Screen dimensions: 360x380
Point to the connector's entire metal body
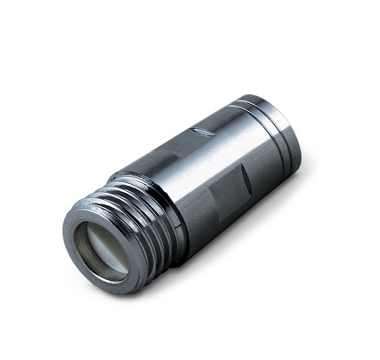click(x=196, y=178)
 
